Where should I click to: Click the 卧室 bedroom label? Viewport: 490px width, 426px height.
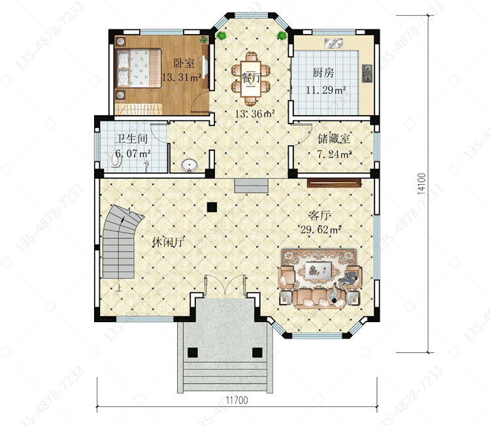pos(184,63)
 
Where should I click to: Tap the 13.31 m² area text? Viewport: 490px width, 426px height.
pos(181,77)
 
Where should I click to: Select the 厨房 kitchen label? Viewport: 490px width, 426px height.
pos(323,73)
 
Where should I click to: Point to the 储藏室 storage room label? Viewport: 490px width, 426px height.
pos(334,139)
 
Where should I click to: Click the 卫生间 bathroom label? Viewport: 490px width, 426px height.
pos(131,139)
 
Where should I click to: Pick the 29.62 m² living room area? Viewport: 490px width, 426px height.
pos(320,230)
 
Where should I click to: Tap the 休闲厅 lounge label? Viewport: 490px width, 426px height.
pos(168,242)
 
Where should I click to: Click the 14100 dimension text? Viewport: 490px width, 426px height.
pos(421,184)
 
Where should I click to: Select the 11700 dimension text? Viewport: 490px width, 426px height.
pos(237,400)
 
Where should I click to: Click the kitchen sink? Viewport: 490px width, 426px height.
pos(333,43)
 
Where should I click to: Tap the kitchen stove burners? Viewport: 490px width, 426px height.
pos(367,73)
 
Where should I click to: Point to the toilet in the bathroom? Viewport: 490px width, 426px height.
pos(116,161)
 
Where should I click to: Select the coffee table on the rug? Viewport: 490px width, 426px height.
pos(319,269)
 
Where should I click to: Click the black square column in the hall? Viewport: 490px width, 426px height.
pos(212,207)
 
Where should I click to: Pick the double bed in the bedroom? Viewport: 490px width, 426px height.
pos(139,68)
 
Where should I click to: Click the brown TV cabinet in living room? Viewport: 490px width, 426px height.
pos(334,183)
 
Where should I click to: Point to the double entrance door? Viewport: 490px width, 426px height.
pos(225,284)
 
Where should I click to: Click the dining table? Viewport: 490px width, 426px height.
pos(251,79)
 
